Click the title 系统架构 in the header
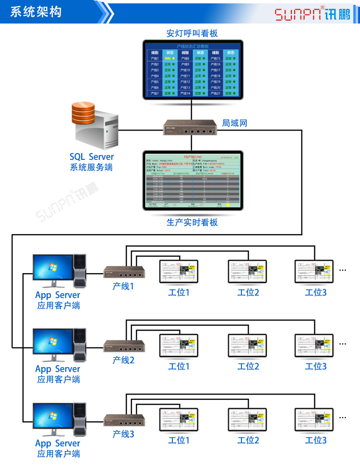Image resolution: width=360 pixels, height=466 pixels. (36, 12)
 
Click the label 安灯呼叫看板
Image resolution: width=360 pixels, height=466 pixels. (192, 34)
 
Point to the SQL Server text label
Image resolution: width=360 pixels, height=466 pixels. (92, 157)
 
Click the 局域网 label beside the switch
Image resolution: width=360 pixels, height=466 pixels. (234, 123)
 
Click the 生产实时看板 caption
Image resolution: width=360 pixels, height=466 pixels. (192, 223)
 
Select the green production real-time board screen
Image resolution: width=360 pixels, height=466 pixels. (192, 182)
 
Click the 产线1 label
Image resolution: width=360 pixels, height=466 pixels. (123, 286)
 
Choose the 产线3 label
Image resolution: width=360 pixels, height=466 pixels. (123, 434)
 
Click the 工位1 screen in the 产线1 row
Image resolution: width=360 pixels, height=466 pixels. (179, 272)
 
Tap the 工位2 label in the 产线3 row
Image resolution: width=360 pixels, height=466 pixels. (248, 440)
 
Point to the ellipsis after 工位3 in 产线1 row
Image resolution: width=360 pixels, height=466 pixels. (343, 270)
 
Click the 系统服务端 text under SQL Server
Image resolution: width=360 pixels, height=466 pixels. (91, 167)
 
